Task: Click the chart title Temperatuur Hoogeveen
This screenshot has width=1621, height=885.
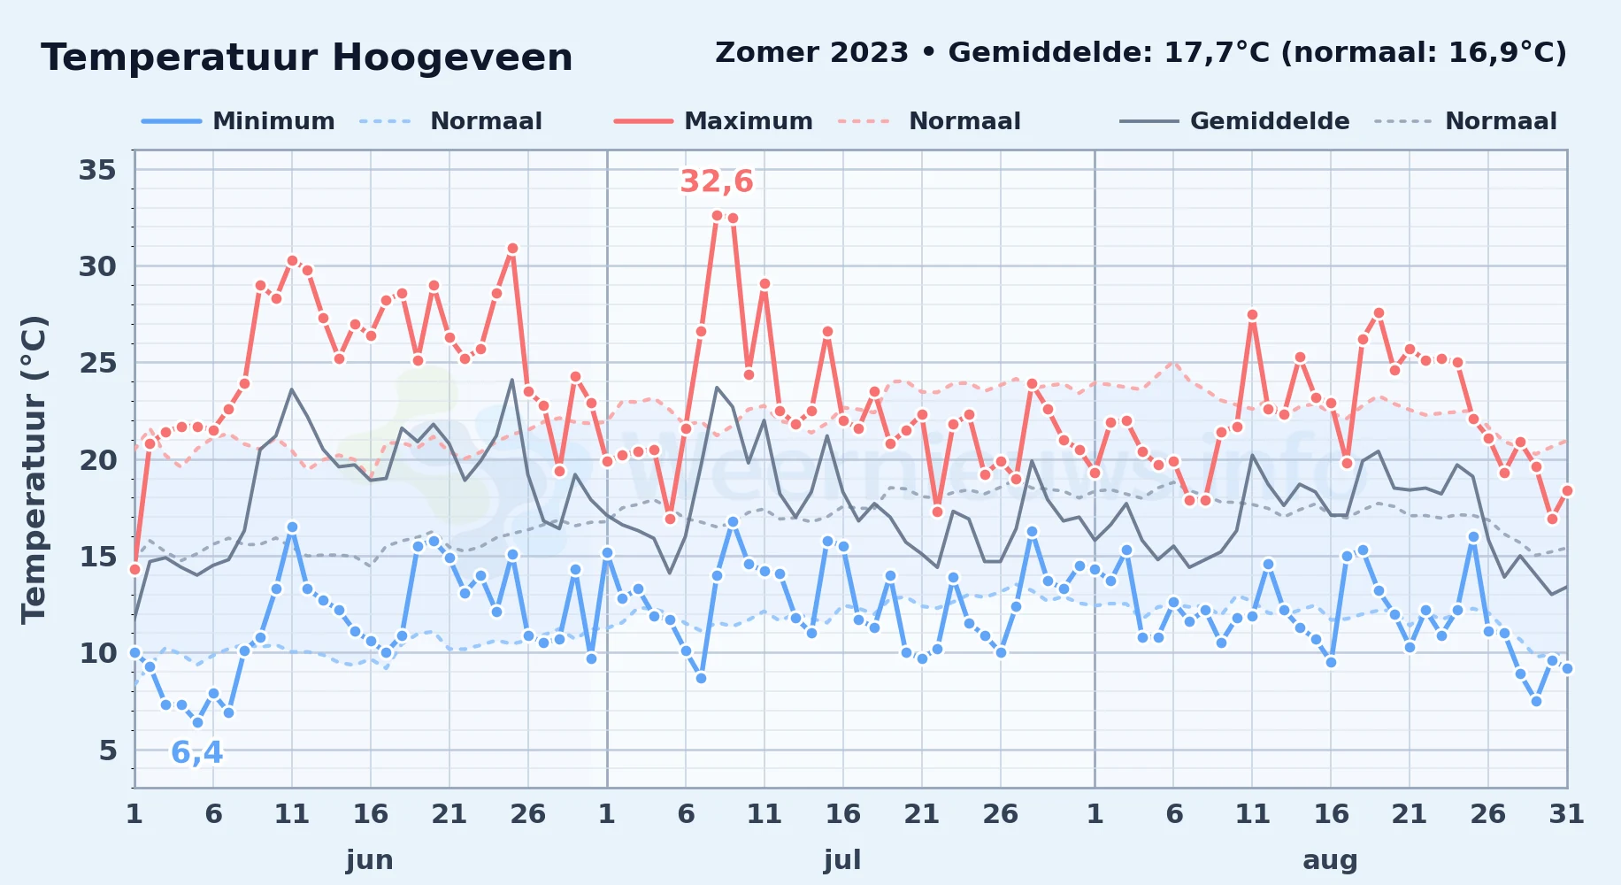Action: click(307, 58)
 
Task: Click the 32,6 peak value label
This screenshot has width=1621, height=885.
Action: click(717, 181)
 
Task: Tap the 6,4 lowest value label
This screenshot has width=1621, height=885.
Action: click(196, 753)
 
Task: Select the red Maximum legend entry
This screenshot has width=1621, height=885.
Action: click(713, 121)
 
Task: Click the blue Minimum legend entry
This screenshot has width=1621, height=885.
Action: click(238, 121)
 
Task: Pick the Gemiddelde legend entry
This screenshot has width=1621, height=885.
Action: click(1234, 121)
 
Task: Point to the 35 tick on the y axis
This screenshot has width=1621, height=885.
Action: click(97, 170)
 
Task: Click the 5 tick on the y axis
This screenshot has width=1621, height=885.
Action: click(108, 750)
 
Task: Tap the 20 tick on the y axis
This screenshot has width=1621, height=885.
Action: click(97, 460)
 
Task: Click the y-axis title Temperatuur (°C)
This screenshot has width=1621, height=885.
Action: click(34, 469)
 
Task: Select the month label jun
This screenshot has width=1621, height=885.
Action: click(370, 859)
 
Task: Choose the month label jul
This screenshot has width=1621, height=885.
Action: click(842, 859)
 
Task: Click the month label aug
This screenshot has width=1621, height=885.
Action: click(1330, 860)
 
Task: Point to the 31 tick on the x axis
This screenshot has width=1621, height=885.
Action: click(1566, 814)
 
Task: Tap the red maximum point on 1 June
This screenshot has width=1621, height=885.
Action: click(134, 569)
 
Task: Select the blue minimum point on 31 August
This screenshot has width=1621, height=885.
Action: click(1567, 668)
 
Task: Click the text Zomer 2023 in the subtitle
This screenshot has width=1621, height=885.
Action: click(811, 53)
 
